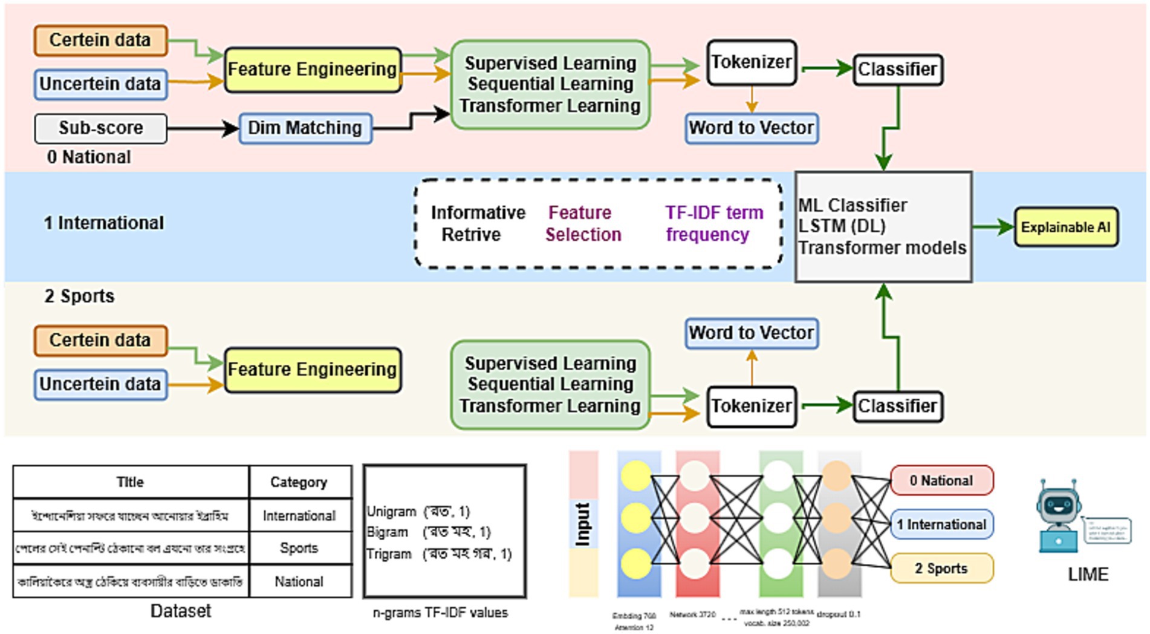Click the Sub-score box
click(100, 128)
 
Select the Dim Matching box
click(305, 128)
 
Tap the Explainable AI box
click(1066, 227)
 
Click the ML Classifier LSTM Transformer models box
click(883, 227)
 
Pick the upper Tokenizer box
click(751, 62)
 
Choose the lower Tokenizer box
click(751, 406)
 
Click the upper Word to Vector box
click(752, 128)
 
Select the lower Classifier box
click(897, 406)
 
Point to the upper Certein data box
click(100, 41)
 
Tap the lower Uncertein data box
click(100, 384)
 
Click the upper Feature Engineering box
click(312, 70)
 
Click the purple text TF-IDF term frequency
click(713, 224)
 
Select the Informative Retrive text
click(477, 224)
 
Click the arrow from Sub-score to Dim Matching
click(203, 128)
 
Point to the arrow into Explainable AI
click(993, 227)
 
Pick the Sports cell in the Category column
click(299, 548)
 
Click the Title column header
click(130, 482)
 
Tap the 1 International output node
click(941, 525)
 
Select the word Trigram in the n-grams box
click(389, 554)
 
